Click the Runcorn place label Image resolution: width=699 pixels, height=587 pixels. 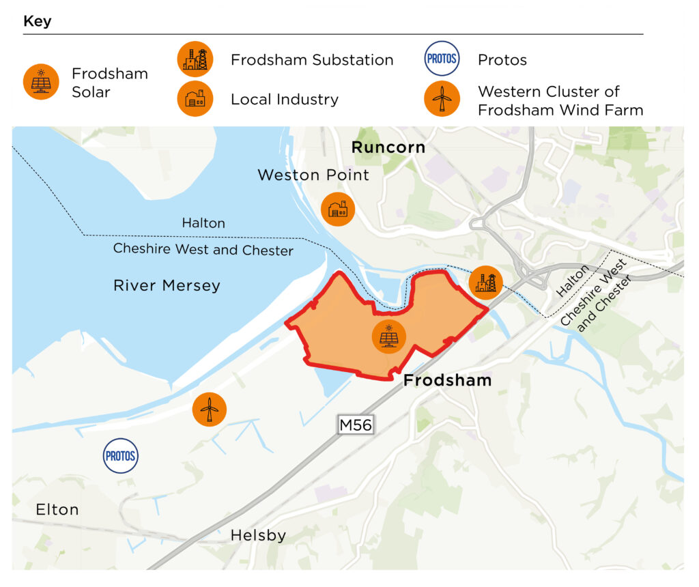click(x=388, y=147)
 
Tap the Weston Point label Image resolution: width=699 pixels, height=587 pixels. click(x=313, y=175)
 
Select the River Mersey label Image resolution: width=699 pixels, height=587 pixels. click(x=167, y=285)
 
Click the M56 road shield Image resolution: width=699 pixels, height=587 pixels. click(x=356, y=425)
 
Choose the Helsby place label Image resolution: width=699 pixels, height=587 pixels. click(x=258, y=536)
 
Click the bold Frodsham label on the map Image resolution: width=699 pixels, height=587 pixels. click(x=447, y=380)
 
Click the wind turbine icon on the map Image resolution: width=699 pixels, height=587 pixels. click(x=209, y=409)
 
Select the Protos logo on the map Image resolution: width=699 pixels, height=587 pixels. click(x=120, y=455)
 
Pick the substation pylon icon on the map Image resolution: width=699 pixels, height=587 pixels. click(x=485, y=282)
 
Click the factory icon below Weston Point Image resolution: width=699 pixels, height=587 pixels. click(x=338, y=209)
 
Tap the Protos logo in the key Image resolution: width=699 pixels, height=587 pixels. click(x=441, y=59)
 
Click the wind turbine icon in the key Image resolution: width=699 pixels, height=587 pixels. click(x=441, y=99)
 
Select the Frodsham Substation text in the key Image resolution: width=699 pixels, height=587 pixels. click(x=312, y=60)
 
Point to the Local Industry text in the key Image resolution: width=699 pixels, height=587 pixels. click(x=284, y=99)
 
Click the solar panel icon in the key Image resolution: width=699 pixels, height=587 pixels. click(x=41, y=83)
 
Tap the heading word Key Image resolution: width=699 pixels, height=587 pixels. click(x=38, y=21)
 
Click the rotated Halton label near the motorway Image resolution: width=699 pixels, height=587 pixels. click(x=573, y=281)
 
